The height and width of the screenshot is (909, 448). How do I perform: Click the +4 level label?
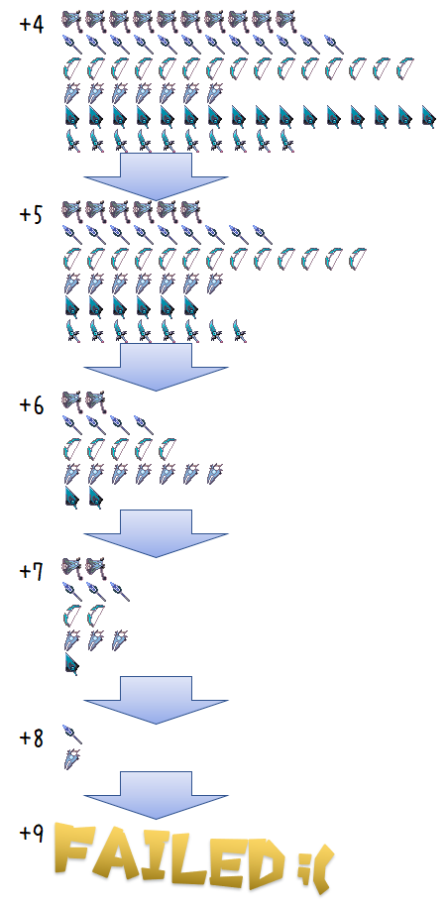click(32, 25)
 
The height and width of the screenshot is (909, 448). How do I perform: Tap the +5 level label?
click(32, 214)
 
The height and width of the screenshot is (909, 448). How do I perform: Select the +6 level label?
click(32, 405)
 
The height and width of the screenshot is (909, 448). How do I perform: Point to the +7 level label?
click(32, 572)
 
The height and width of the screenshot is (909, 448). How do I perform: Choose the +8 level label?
click(32, 738)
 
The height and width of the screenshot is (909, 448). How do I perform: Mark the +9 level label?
click(32, 833)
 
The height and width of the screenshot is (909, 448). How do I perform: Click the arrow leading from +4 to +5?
click(156, 176)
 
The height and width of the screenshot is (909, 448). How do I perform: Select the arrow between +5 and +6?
click(156, 367)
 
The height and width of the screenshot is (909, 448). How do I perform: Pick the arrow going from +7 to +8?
click(156, 700)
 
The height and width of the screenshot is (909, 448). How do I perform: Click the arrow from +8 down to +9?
click(156, 795)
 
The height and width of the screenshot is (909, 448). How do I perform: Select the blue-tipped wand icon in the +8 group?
click(72, 735)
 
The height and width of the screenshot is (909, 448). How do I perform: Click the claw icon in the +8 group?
click(72, 759)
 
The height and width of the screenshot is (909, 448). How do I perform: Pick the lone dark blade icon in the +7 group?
click(71, 664)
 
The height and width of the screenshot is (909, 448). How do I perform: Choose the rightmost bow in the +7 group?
click(95, 616)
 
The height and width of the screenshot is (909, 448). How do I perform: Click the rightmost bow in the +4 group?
click(404, 68)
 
